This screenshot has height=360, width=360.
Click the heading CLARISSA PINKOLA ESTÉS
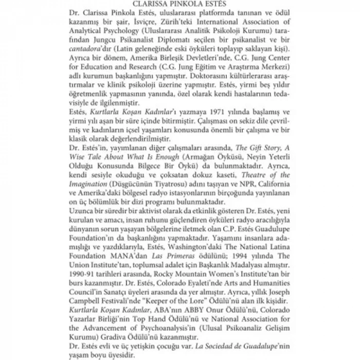click(x=180, y=4)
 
